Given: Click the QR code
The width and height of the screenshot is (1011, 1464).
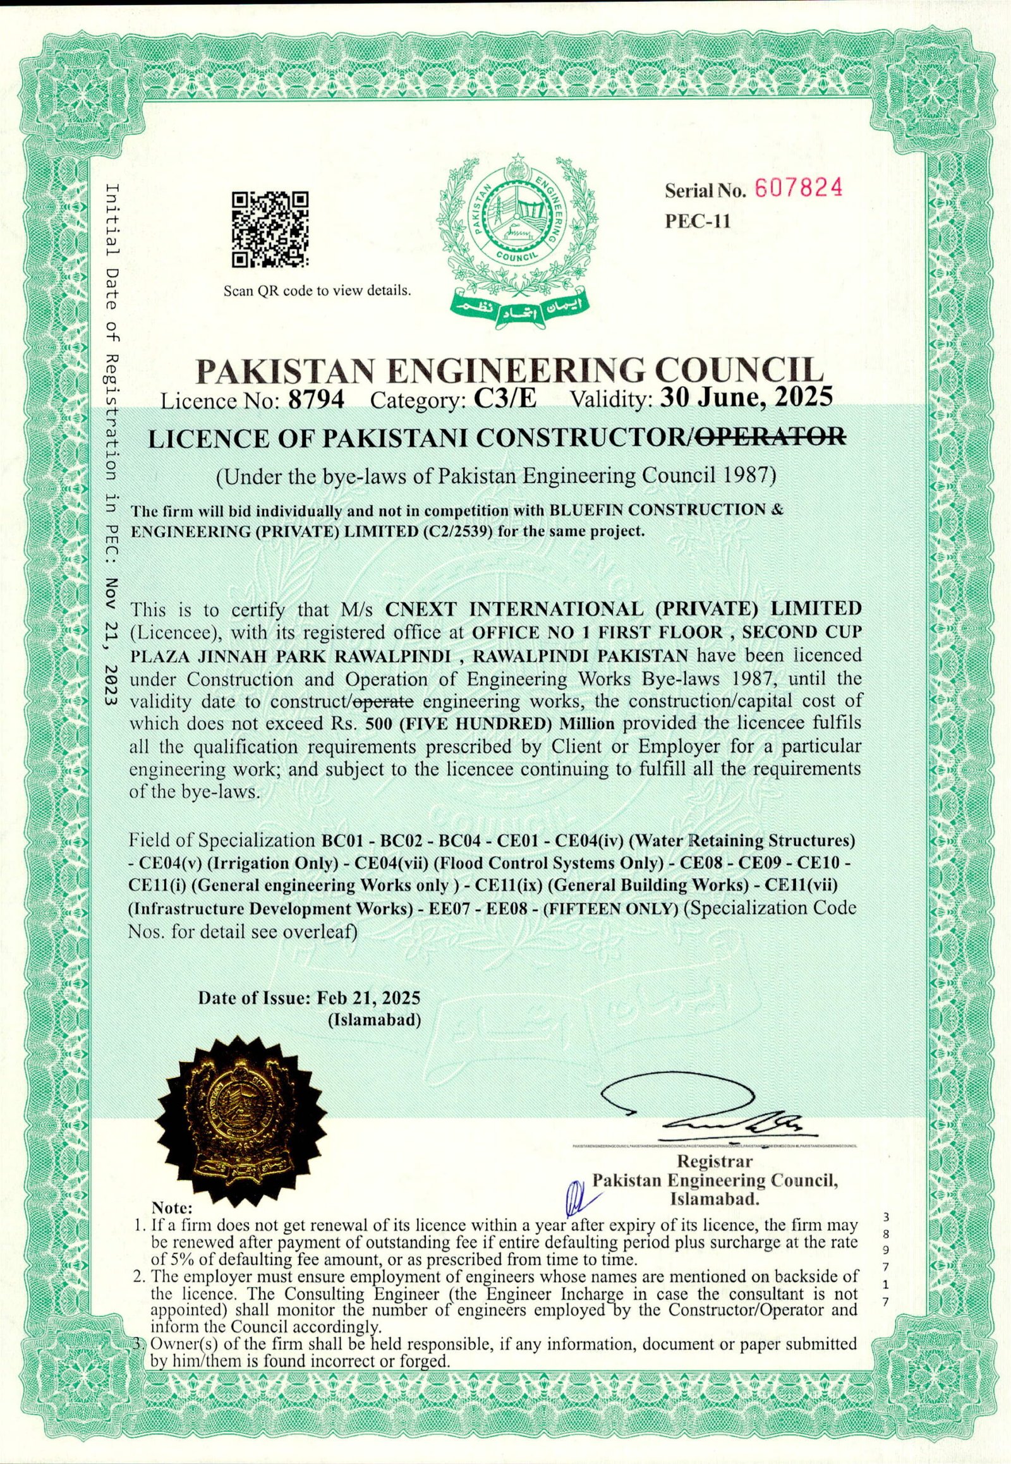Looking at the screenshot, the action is tap(270, 229).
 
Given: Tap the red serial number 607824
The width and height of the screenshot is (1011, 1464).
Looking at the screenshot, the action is tap(796, 188).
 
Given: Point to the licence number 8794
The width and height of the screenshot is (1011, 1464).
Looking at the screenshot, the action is tap(316, 400).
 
